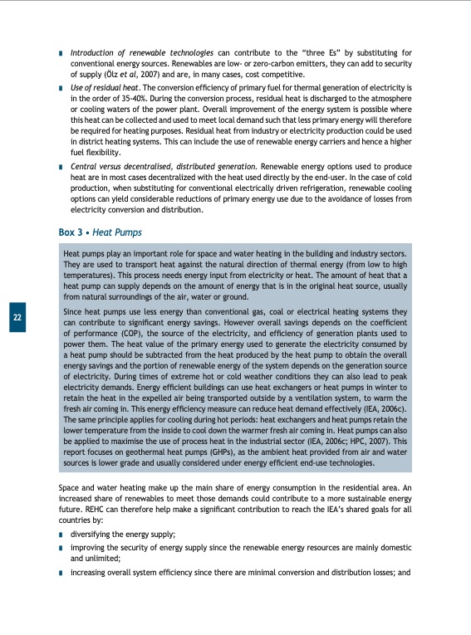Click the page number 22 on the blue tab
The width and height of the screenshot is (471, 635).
[x=17, y=318]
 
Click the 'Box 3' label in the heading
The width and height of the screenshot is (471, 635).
[x=72, y=233]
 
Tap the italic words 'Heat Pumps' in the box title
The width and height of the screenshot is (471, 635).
[x=118, y=233]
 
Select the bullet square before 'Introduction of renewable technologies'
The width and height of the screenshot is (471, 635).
[x=61, y=54]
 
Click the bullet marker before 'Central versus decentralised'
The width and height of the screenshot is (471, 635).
[x=61, y=168]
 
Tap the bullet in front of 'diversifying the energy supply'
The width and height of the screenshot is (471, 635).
[x=61, y=535]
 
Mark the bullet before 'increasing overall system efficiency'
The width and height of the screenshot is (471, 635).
[x=61, y=573]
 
